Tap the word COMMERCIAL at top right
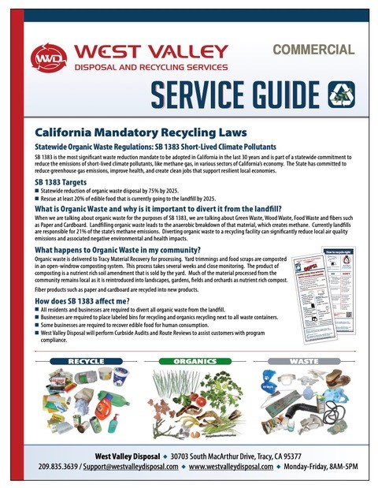313,50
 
